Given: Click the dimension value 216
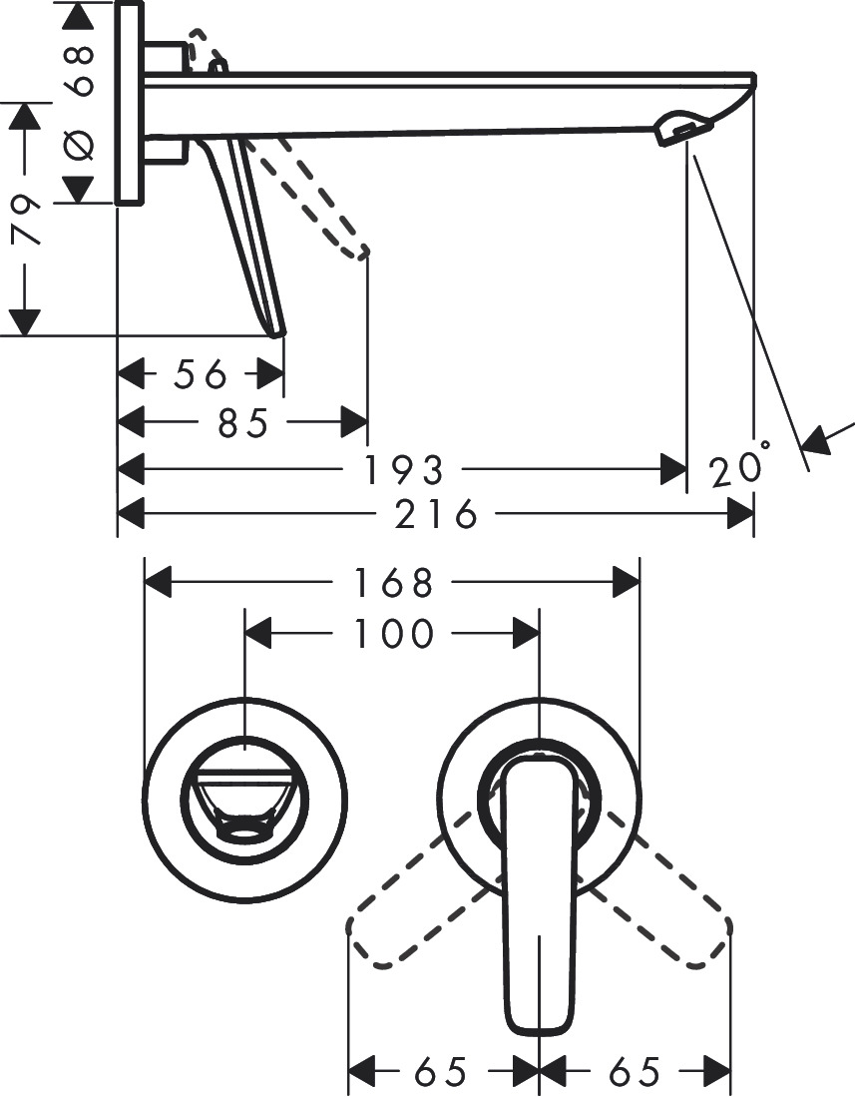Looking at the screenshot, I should coord(437,515).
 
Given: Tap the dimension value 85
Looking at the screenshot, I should coord(243,422).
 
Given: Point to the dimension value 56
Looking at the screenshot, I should coord(201,375).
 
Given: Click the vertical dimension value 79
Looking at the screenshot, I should coord(27,219).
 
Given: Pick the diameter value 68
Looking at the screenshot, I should coord(80,69).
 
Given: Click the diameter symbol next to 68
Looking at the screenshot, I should coord(80,144).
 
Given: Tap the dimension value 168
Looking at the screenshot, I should coord(394,583).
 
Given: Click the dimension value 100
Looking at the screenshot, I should coord(394,633).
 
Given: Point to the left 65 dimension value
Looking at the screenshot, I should coord(440,1073).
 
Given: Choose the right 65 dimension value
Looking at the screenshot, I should coord(635,1073).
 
